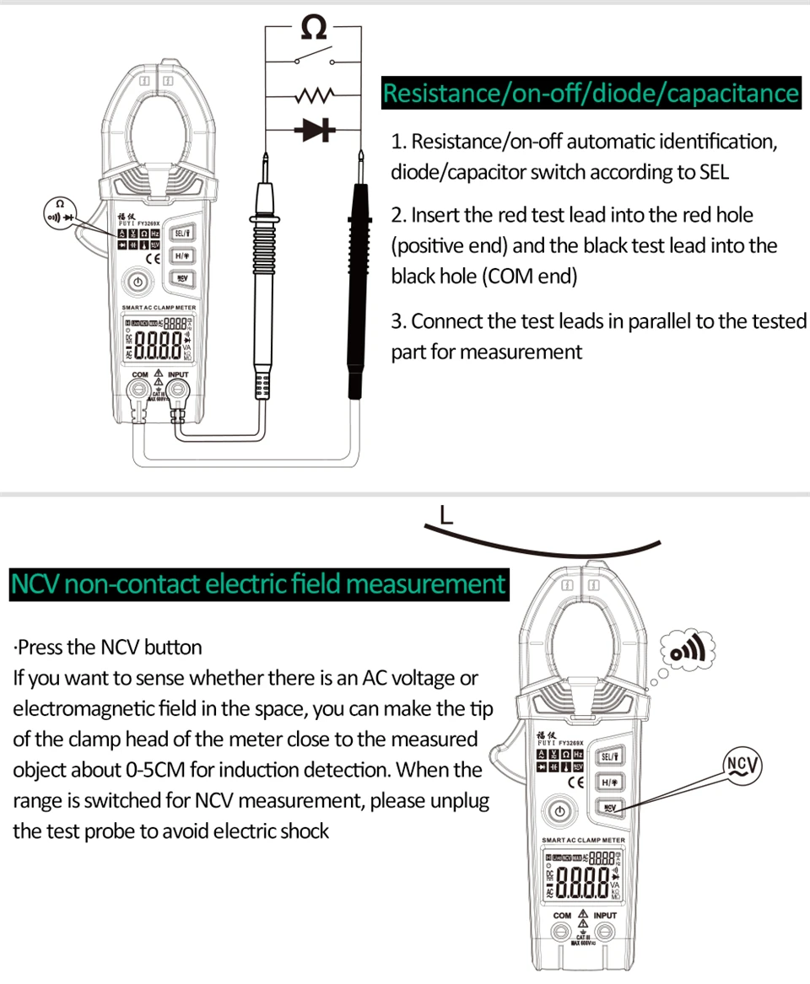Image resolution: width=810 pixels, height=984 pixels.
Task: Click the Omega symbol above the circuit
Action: (313, 29)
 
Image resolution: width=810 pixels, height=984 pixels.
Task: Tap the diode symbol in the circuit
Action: (315, 129)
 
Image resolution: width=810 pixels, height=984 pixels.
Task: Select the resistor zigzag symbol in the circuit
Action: (314, 94)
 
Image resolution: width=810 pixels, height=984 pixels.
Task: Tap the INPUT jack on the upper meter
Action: (177, 390)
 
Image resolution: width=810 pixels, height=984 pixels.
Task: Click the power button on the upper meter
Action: (138, 282)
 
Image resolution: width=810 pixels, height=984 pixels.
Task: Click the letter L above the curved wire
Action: (446, 514)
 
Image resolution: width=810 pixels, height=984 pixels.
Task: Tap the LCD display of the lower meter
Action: (584, 877)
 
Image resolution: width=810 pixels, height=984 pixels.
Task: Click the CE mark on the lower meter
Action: (578, 782)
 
